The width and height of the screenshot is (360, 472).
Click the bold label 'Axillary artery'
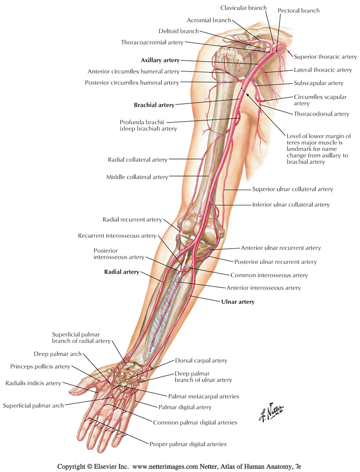(x=160, y=60)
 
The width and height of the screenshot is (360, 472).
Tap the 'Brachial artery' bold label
(x=154, y=105)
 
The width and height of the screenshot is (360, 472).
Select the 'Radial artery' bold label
(x=121, y=272)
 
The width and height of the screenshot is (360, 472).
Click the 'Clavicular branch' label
(x=243, y=8)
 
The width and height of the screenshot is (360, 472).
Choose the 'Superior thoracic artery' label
(x=325, y=57)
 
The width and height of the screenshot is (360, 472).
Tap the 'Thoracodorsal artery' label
(x=321, y=114)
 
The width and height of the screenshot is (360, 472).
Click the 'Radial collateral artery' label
(x=138, y=159)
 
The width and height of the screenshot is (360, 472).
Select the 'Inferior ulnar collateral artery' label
(x=291, y=204)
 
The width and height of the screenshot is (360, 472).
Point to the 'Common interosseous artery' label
(x=269, y=275)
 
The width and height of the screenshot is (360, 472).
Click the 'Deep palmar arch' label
(x=58, y=354)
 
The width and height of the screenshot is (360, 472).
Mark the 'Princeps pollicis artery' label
(x=40, y=367)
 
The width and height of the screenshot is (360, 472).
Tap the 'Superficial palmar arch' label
(x=33, y=405)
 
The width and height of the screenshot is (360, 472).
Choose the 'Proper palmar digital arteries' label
(x=188, y=444)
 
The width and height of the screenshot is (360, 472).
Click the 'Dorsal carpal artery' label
(x=201, y=360)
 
